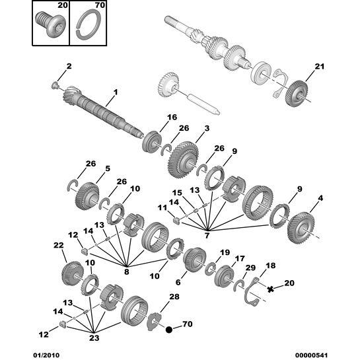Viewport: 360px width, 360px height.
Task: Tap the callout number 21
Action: pyautogui.click(x=320, y=66)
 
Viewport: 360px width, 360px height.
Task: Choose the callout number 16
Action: pyautogui.click(x=172, y=118)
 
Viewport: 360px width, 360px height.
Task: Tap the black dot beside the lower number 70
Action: pyautogui.click(x=170, y=328)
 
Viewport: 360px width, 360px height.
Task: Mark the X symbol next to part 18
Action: pyautogui.click(x=270, y=289)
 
